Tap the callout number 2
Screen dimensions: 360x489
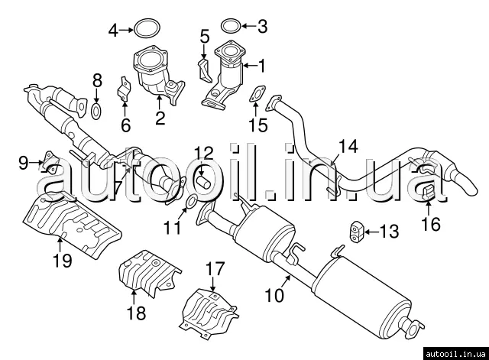[x=160, y=118]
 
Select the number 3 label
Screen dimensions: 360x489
[x=262, y=28]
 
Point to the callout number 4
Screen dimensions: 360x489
[x=114, y=31]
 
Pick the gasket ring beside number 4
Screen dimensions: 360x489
[x=145, y=31]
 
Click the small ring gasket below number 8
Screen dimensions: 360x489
[x=97, y=113]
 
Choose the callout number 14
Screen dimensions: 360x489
[x=348, y=144]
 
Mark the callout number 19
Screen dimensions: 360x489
[x=62, y=261]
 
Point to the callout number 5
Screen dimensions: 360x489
[x=204, y=36]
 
